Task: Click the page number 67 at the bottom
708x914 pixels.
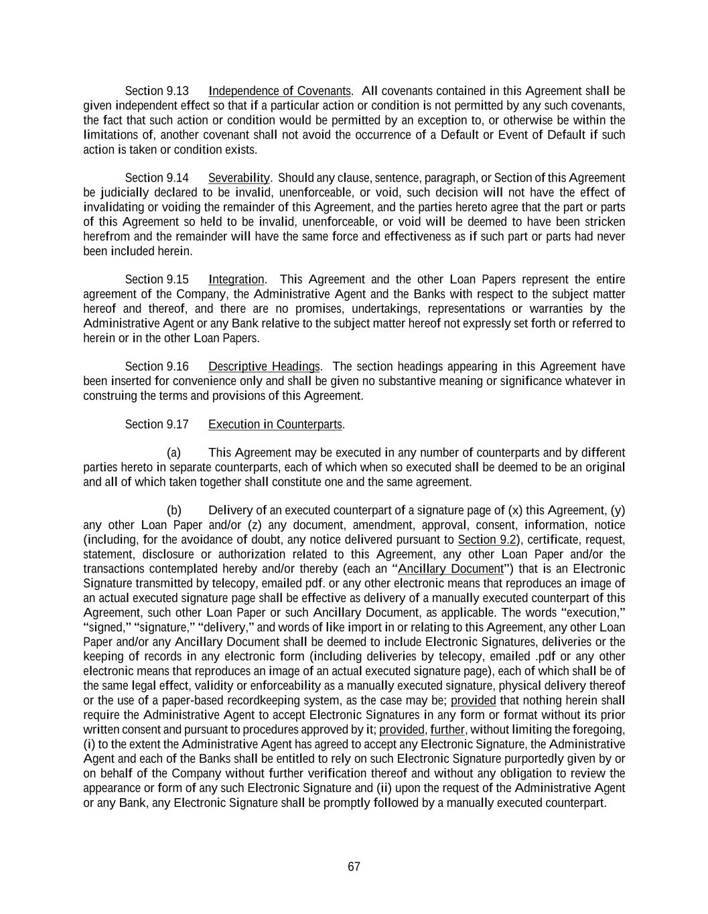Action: (x=354, y=866)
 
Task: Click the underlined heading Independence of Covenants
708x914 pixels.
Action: (x=279, y=91)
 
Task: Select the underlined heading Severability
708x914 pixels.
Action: (x=238, y=178)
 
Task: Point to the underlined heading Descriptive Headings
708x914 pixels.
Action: (x=264, y=367)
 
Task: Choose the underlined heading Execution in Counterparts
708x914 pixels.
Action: (x=275, y=425)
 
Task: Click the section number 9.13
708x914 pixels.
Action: (x=178, y=91)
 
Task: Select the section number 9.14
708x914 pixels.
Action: (x=178, y=178)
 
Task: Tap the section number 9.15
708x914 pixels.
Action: (x=178, y=280)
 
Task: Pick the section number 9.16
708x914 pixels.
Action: (x=178, y=367)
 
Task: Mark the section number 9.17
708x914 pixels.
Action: (x=178, y=425)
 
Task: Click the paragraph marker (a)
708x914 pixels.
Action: (x=173, y=453)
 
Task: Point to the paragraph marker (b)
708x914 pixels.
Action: (x=173, y=511)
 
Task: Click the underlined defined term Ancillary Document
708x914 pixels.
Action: (x=450, y=569)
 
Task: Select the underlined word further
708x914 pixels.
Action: (x=447, y=729)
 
